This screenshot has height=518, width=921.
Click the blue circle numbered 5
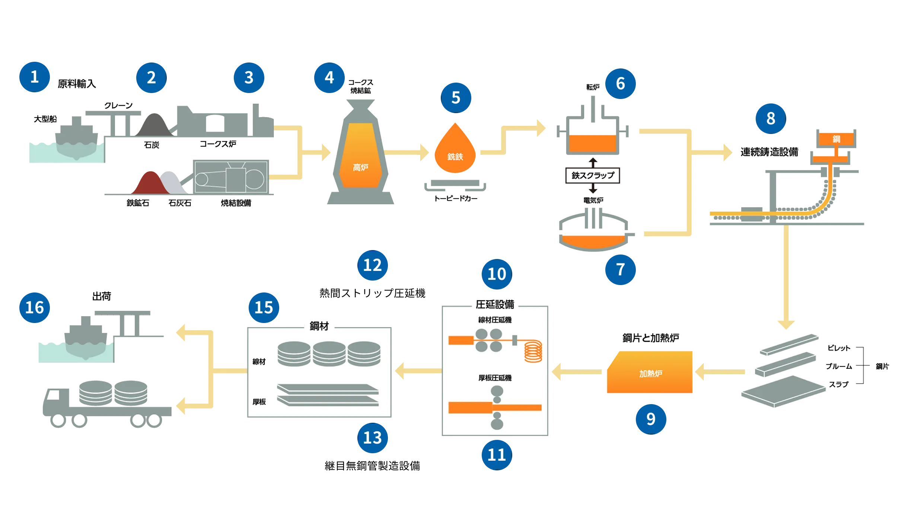tap(456, 98)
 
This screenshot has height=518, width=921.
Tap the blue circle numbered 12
tap(373, 265)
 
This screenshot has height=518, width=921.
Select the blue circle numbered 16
tap(34, 308)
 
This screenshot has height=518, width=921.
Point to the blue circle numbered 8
tap(771, 119)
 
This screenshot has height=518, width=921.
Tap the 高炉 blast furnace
tap(360, 156)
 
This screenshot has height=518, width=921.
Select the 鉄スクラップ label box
tap(593, 175)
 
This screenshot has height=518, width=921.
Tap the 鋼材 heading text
tap(319, 326)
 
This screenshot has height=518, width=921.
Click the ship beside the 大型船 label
tap(76, 140)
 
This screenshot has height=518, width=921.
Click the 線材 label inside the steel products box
tap(259, 362)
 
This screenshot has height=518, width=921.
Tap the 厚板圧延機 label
tap(495, 378)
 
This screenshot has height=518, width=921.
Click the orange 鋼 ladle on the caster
tap(836, 139)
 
